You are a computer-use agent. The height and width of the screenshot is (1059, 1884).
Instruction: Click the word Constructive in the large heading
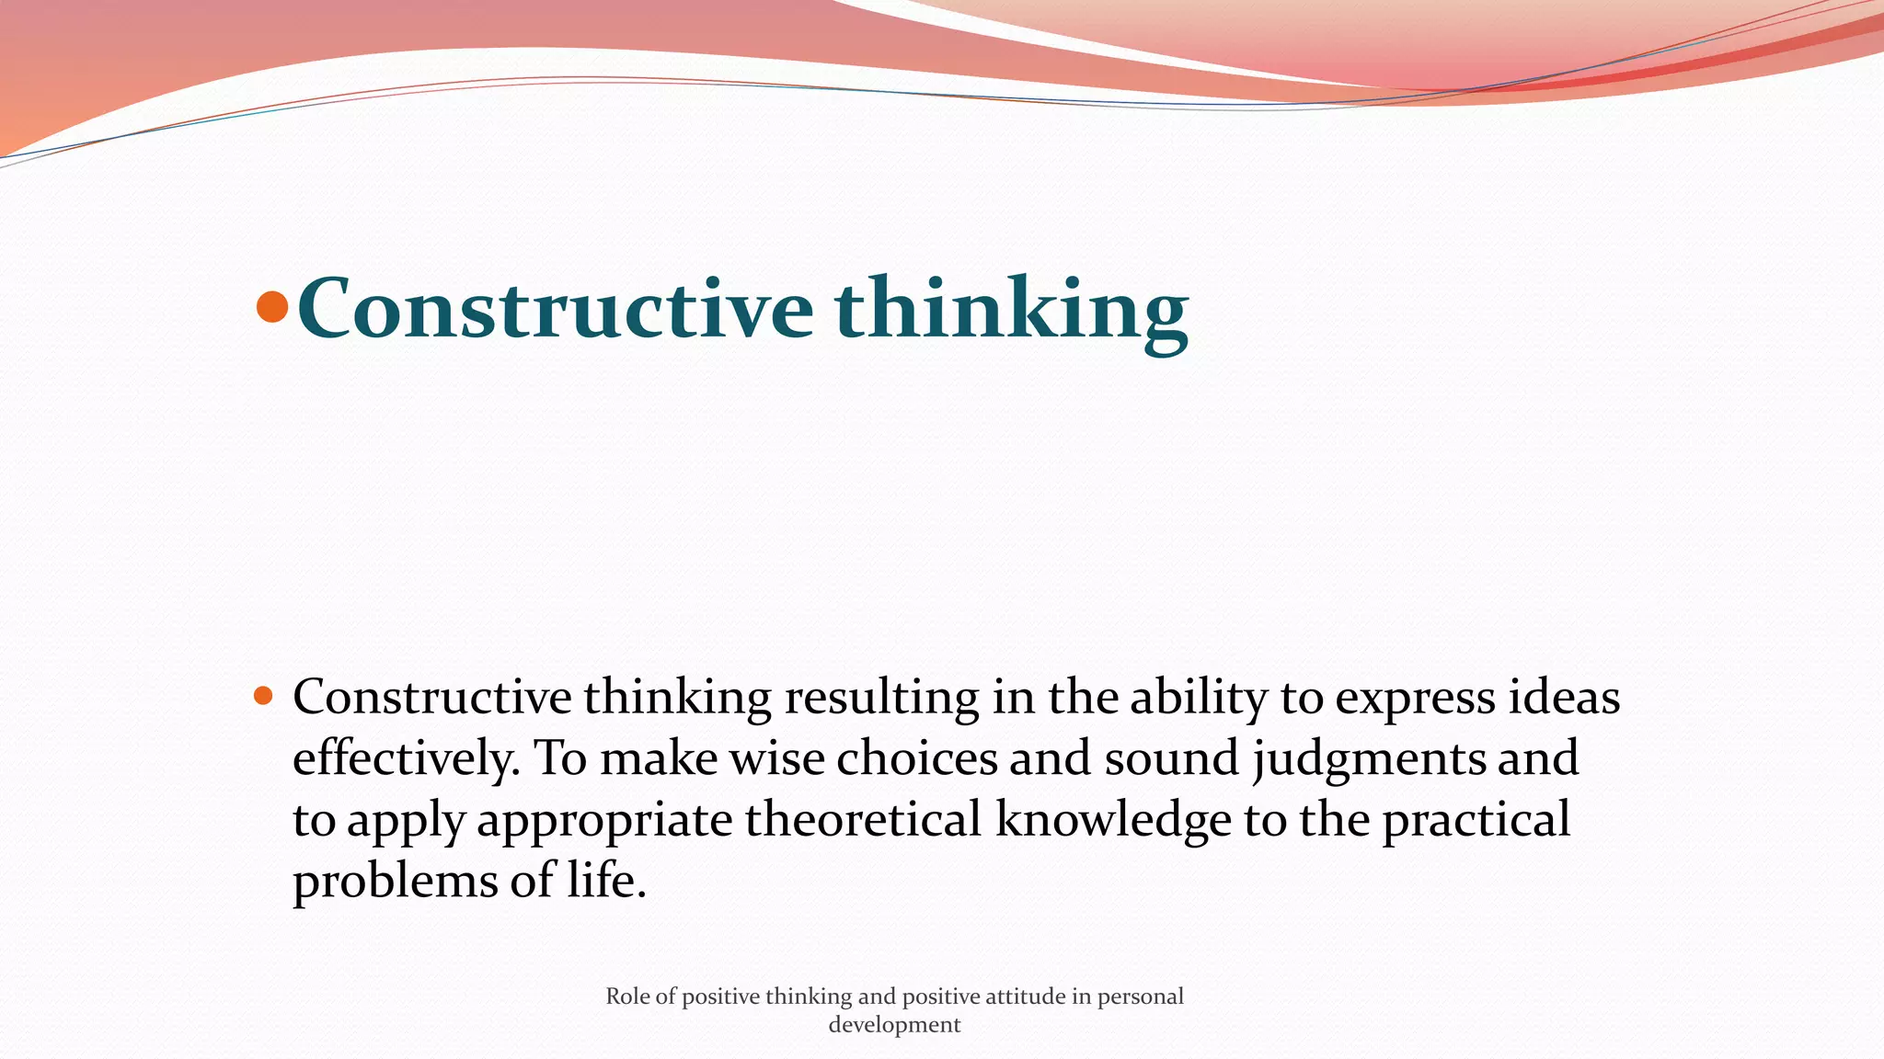555,309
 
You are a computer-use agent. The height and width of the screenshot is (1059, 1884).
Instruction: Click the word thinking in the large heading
1011,309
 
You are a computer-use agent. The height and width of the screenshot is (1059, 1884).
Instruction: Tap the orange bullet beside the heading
272,307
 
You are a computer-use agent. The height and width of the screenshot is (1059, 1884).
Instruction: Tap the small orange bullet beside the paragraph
263,696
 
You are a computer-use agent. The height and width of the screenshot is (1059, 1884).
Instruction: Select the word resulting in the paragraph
881,698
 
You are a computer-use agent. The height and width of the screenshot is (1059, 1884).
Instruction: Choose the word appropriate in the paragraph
604,821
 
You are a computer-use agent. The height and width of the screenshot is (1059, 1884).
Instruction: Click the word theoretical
863,819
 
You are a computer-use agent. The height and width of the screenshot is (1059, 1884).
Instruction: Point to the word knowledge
1113,819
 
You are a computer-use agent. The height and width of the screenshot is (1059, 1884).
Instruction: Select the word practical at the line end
1476,819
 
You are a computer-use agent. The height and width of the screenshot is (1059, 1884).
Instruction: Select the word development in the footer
894,1025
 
